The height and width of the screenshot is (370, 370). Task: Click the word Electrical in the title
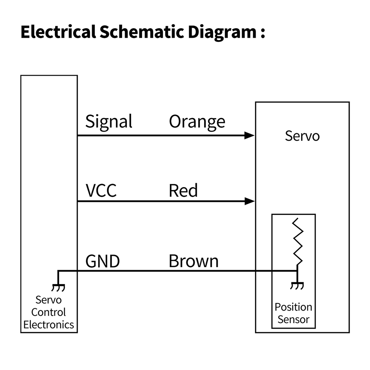point(58,32)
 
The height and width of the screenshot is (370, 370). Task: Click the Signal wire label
point(109,121)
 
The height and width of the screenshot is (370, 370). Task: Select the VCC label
point(101,191)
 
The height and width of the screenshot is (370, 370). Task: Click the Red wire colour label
point(183,191)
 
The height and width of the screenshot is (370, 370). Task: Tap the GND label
point(102,261)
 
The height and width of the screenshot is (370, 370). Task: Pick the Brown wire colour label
point(194,261)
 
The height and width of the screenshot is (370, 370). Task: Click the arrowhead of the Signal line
point(250,135)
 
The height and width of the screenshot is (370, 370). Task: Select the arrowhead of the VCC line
point(250,201)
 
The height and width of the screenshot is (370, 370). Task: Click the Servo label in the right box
point(302,136)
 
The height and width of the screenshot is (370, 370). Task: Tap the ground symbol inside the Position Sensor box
point(297,285)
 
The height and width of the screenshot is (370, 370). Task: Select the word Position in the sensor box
point(293,307)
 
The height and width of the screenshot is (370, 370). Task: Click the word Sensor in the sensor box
point(293,319)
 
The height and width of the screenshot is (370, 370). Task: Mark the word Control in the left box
point(48,312)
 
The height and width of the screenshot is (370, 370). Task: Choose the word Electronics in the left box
point(48,325)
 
